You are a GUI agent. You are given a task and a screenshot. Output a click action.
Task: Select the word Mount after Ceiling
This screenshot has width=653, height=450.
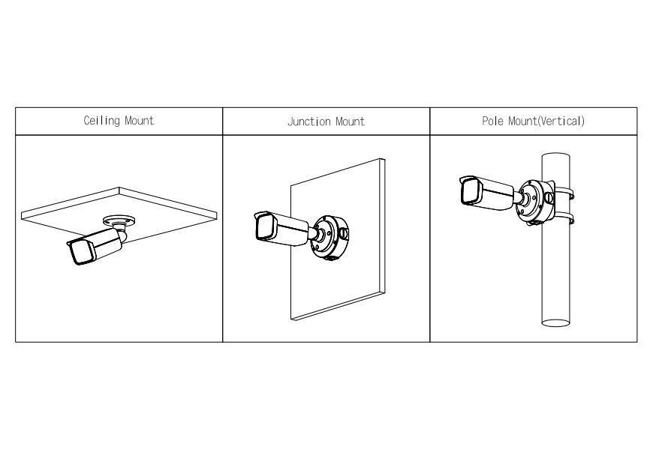139,121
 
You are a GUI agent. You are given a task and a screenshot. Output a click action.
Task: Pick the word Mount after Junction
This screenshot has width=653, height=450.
351,121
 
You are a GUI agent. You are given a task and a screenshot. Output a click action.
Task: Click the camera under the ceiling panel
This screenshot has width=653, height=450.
97,245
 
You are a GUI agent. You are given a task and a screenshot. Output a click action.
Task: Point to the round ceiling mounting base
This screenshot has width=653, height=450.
119,220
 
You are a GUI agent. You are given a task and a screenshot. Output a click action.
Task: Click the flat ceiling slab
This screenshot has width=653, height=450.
119,214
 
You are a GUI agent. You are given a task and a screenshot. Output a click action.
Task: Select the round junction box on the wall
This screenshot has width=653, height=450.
330,237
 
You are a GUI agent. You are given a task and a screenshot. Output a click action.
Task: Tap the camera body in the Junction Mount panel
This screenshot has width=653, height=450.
281,228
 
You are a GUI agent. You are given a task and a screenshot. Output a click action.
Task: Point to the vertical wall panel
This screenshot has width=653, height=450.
337,239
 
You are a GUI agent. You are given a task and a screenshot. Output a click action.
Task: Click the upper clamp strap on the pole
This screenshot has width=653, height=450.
564,193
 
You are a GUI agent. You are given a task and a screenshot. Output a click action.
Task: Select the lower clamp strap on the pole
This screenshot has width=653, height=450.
564,217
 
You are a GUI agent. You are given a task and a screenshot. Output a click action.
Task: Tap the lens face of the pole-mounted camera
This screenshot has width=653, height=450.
470,191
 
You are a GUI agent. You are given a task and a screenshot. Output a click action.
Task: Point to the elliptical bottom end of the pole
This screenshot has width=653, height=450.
556,323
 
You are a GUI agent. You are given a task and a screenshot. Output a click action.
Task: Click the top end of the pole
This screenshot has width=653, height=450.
556,156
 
